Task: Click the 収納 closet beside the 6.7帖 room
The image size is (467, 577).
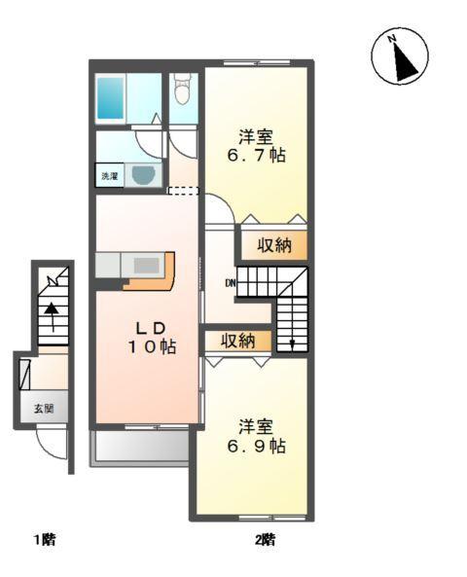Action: [274, 244]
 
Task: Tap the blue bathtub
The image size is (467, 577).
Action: [110, 97]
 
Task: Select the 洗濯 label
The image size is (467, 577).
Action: [109, 177]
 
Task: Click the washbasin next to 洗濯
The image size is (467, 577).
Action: [144, 176]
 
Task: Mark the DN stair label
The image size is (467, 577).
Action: [231, 284]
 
